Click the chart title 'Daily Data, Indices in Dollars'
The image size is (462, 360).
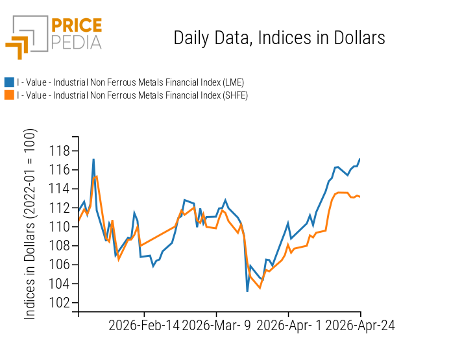(x=279, y=38)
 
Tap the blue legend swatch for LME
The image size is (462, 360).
(x=9, y=82)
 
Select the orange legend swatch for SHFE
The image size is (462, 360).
(x=9, y=95)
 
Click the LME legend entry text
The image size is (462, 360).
(x=130, y=82)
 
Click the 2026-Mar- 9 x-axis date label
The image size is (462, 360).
(x=217, y=326)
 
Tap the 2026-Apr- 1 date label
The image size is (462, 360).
(x=289, y=326)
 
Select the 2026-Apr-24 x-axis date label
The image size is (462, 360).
(x=360, y=326)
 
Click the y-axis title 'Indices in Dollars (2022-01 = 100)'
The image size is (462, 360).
(x=30, y=224)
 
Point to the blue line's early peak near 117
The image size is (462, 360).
(x=93, y=160)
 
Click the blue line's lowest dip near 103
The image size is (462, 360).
(x=247, y=291)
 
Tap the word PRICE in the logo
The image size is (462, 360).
(x=77, y=26)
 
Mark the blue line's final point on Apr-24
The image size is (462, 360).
(x=360, y=159)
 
